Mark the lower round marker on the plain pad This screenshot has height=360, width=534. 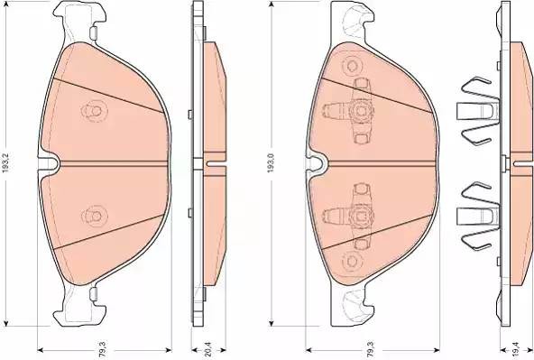point(91,216)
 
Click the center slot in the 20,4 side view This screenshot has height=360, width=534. point(213,163)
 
